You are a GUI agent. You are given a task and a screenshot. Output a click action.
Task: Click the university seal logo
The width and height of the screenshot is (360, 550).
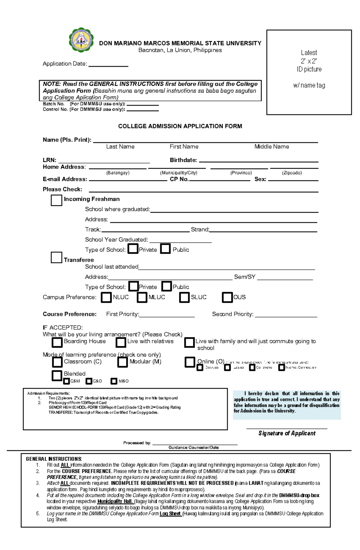(81, 40)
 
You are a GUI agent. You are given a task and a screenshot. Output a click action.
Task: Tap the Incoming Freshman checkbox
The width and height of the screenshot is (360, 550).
(56, 200)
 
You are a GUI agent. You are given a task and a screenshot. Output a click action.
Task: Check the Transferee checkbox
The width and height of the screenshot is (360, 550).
(56, 257)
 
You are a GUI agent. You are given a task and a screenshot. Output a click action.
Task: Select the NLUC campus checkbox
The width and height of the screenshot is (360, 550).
(106, 297)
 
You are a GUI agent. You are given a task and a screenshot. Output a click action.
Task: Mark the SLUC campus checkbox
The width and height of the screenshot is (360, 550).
(184, 297)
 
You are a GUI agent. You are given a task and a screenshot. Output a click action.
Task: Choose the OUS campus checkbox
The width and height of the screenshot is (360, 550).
(227, 297)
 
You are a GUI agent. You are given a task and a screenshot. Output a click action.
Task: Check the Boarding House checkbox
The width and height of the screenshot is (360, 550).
(57, 342)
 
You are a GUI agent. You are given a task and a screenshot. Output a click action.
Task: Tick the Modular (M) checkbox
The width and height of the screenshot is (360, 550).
(122, 362)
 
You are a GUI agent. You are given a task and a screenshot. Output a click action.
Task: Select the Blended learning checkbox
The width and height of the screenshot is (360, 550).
(57, 376)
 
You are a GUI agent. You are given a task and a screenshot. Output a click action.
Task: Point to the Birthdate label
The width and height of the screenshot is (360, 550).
(183, 160)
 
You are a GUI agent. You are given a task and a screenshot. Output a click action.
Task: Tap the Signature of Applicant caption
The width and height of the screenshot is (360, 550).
(287, 433)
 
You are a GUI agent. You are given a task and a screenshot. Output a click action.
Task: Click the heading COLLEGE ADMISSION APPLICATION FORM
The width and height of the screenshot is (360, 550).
(180, 126)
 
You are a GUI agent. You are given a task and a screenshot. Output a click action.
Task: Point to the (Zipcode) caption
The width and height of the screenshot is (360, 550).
(292, 173)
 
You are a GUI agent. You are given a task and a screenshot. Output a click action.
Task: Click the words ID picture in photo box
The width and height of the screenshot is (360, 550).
(309, 69)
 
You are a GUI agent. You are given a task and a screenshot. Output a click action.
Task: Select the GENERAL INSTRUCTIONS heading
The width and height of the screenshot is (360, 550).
(54, 459)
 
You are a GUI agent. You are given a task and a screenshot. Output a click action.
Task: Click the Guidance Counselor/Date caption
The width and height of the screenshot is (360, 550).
(193, 447)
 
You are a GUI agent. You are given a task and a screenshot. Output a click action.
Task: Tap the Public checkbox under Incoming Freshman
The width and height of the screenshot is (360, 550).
(165, 249)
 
